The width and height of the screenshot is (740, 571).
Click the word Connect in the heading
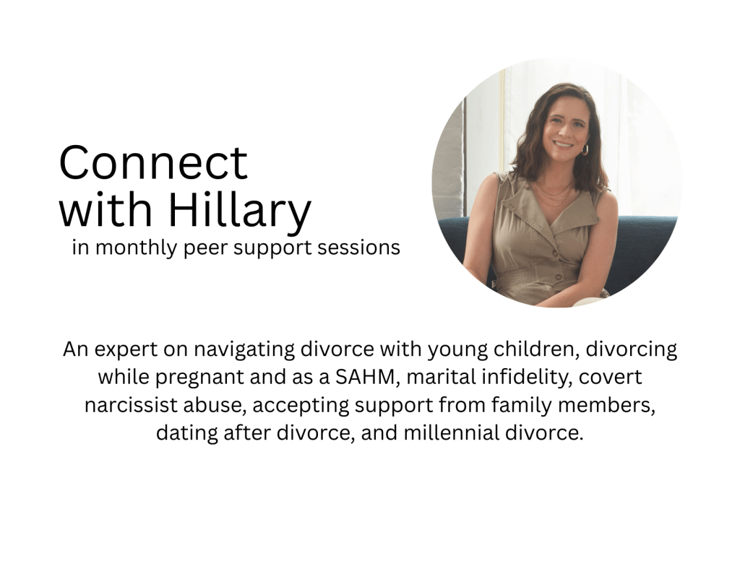tap(153, 162)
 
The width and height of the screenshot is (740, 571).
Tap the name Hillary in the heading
tap(240, 210)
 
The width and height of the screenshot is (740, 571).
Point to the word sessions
tap(358, 247)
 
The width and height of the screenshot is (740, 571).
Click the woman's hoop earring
tap(585, 150)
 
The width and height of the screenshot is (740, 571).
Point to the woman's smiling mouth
tap(563, 144)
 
